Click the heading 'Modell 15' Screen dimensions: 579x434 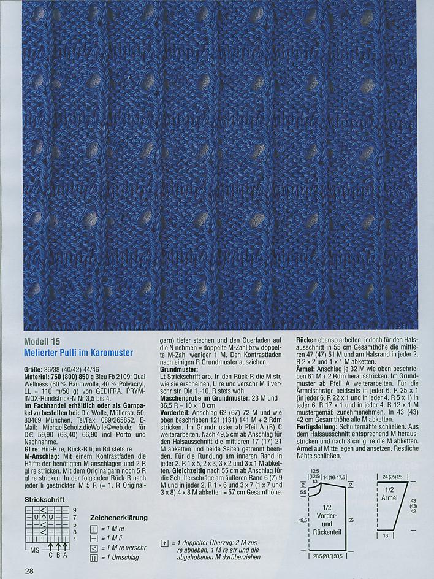point(42,342)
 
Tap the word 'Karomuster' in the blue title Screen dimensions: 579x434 point(113,352)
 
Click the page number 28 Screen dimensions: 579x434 point(29,571)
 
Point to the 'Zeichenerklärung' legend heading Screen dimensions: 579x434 point(120,517)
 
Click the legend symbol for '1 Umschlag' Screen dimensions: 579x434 point(94,558)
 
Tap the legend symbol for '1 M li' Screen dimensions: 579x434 point(94,537)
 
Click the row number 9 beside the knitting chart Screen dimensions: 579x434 point(74,510)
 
